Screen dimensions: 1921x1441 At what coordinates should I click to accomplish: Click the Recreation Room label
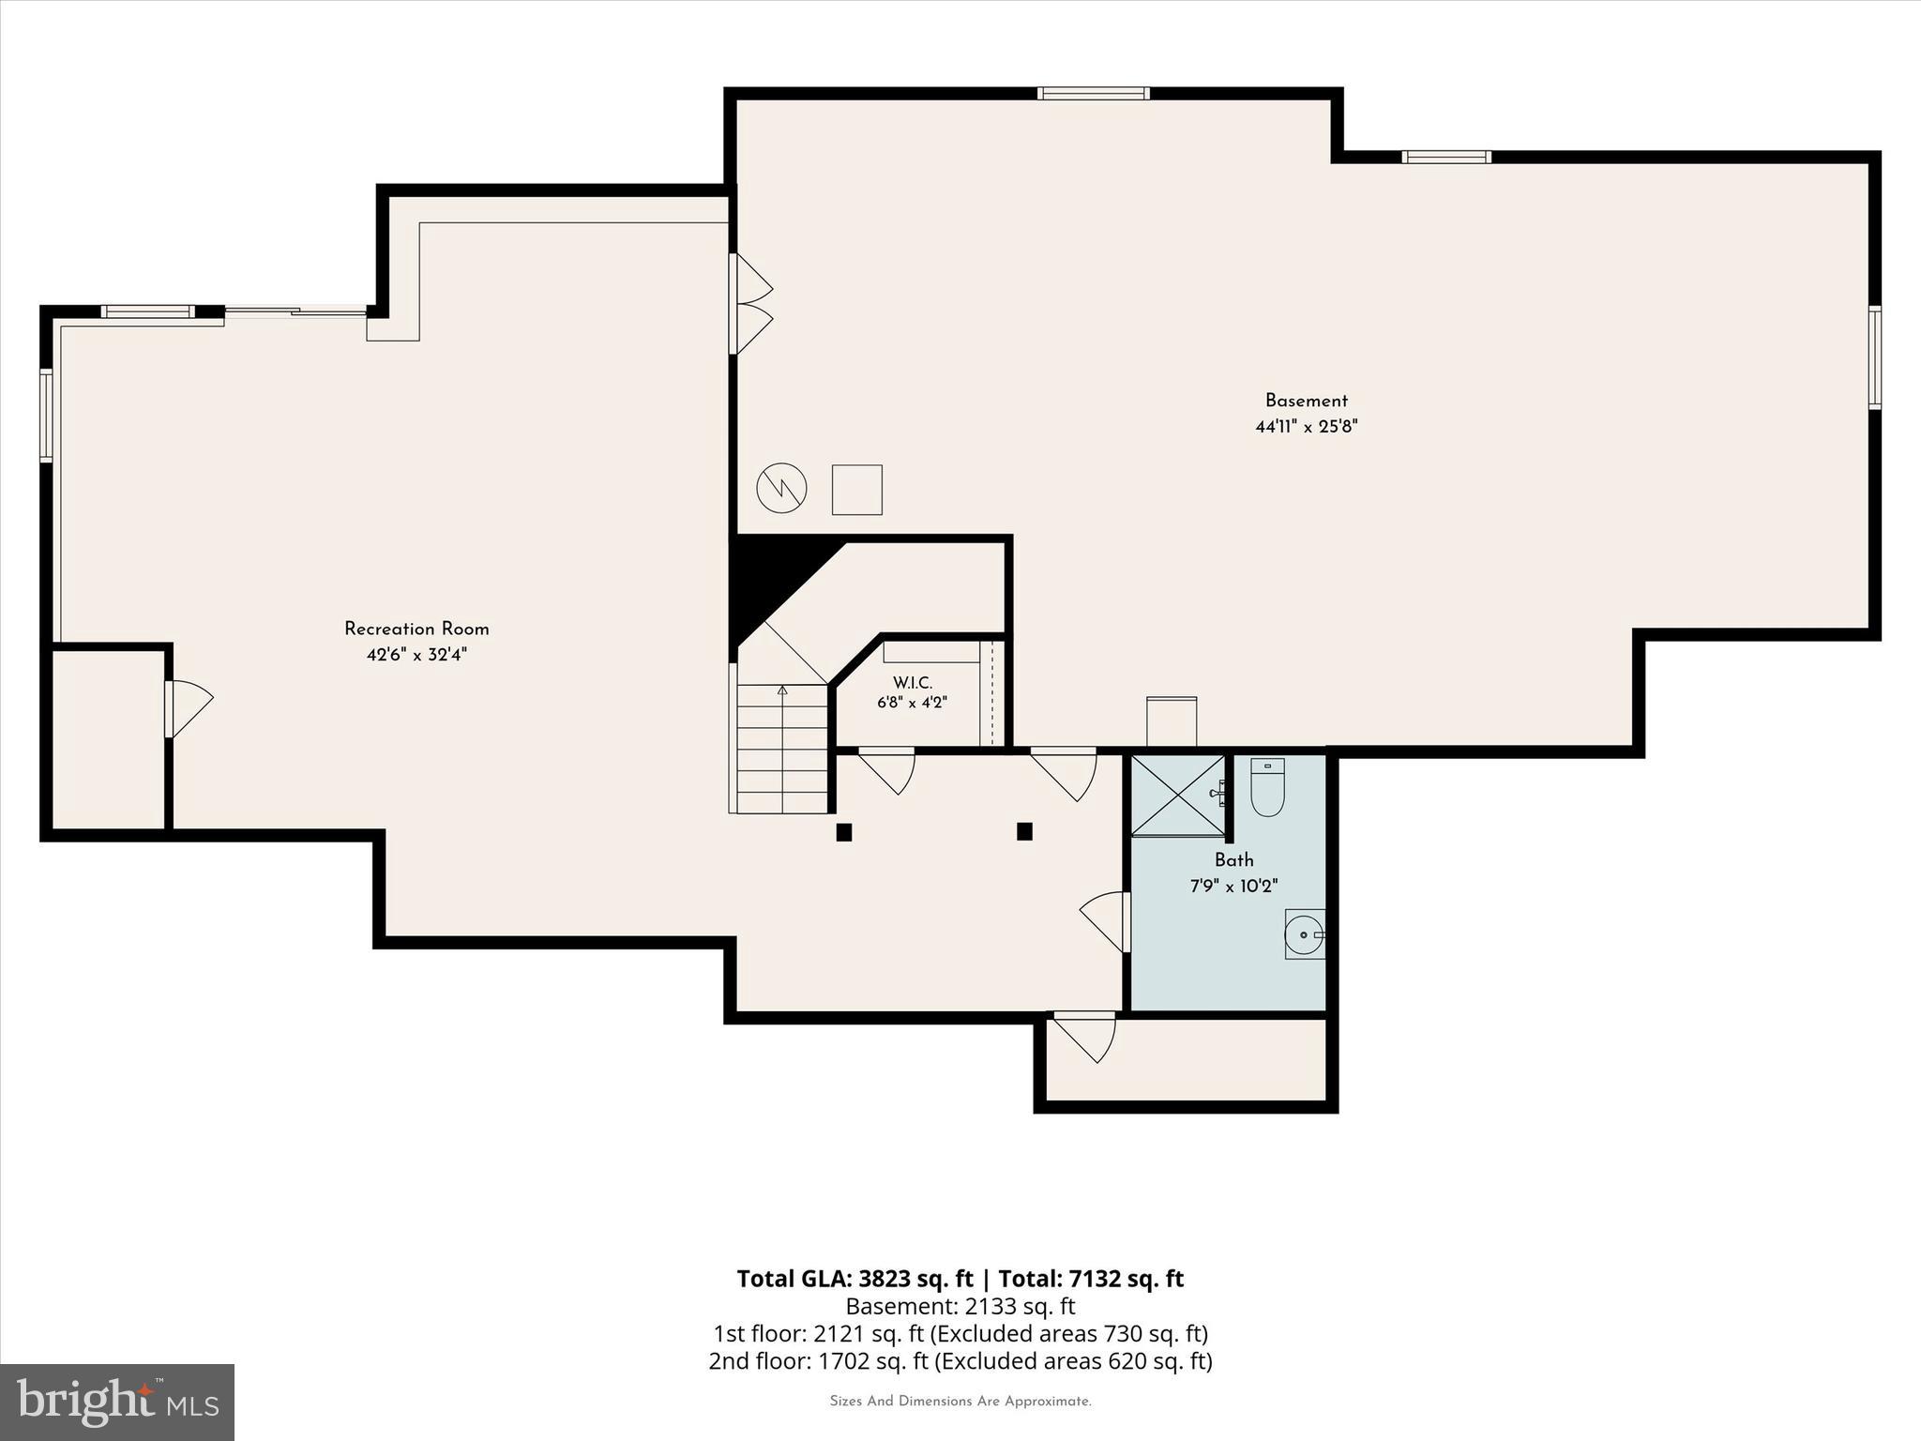click(416, 629)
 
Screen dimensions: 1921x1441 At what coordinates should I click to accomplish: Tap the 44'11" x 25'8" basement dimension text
click(1307, 426)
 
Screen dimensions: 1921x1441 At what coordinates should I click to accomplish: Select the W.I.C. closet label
click(913, 683)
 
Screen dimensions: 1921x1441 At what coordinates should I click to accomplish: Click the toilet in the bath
click(1267, 787)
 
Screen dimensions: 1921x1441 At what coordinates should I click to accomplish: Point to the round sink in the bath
click(1304, 933)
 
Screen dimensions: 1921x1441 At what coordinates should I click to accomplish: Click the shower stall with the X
click(1178, 795)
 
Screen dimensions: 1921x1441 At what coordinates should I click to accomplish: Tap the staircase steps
click(781, 749)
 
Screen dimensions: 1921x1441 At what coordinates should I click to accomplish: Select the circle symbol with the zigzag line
click(781, 488)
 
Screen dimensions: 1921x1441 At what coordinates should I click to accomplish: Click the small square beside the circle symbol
click(857, 490)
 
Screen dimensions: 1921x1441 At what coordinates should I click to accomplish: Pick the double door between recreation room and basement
click(750, 304)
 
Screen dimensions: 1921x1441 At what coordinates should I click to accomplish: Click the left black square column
click(844, 832)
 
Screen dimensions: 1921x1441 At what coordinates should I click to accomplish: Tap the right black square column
click(1024, 831)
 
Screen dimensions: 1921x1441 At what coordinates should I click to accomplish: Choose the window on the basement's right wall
click(1874, 357)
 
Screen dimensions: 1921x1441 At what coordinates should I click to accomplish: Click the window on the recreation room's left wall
click(46, 416)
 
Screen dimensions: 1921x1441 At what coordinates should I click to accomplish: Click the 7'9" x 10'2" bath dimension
click(1234, 886)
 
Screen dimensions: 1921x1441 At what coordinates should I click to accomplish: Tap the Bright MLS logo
click(117, 1402)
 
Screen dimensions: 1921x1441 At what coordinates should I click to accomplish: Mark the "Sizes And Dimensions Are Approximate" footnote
click(960, 1402)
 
